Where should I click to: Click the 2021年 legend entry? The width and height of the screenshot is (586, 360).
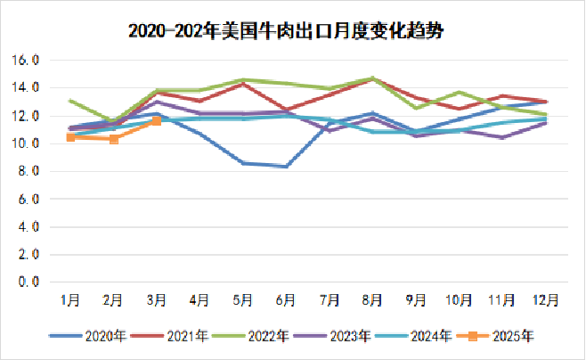(177, 336)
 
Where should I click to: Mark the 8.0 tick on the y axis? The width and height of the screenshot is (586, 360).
(28, 171)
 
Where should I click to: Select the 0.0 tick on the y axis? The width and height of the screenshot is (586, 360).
(28, 282)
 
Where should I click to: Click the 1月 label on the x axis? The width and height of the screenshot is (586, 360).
(69, 300)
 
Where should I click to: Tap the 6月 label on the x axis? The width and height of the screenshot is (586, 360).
(286, 300)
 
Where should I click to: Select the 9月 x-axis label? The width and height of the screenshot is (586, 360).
(416, 300)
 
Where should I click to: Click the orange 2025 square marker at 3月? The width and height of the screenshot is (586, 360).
(157, 120)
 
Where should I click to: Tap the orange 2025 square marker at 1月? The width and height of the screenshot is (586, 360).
(70, 137)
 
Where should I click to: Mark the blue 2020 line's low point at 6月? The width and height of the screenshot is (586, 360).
(286, 167)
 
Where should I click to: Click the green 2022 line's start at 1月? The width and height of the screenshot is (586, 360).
(70, 101)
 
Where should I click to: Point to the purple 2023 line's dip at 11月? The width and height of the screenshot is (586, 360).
(503, 137)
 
